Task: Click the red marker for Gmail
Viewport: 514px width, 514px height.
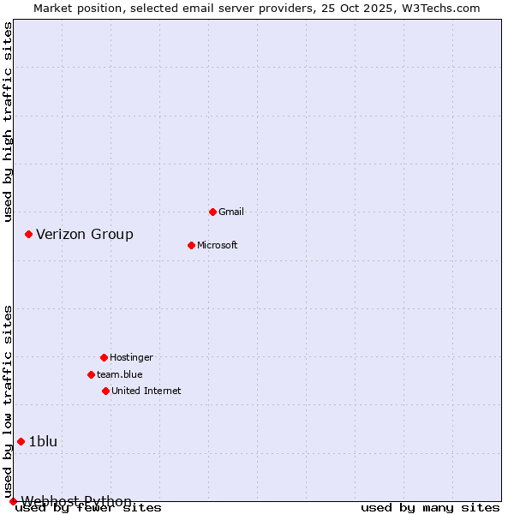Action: [212, 212]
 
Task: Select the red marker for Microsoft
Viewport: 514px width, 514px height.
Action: [191, 245]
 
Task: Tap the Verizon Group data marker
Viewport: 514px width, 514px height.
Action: [28, 234]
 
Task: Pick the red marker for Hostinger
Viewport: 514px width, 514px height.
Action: [104, 357]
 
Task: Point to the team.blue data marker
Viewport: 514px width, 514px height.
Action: [91, 374]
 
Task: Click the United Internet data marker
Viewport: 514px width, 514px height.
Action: [105, 391]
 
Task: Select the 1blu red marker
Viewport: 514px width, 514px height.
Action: [21, 441]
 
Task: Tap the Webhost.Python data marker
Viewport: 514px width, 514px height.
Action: [13, 501]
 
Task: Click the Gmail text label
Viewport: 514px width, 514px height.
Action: [231, 212]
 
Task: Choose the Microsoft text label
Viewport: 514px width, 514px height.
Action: [218, 245]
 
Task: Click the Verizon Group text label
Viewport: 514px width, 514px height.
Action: [85, 234]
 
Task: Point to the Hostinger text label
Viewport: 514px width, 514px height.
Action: [131, 357]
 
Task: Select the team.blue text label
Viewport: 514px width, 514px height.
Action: [120, 374]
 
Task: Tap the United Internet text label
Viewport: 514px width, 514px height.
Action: [146, 391]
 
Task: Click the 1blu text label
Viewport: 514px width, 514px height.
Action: [43, 441]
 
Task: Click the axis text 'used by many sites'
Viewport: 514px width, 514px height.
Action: [430, 508]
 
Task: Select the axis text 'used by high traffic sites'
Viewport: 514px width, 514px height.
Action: [8, 122]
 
